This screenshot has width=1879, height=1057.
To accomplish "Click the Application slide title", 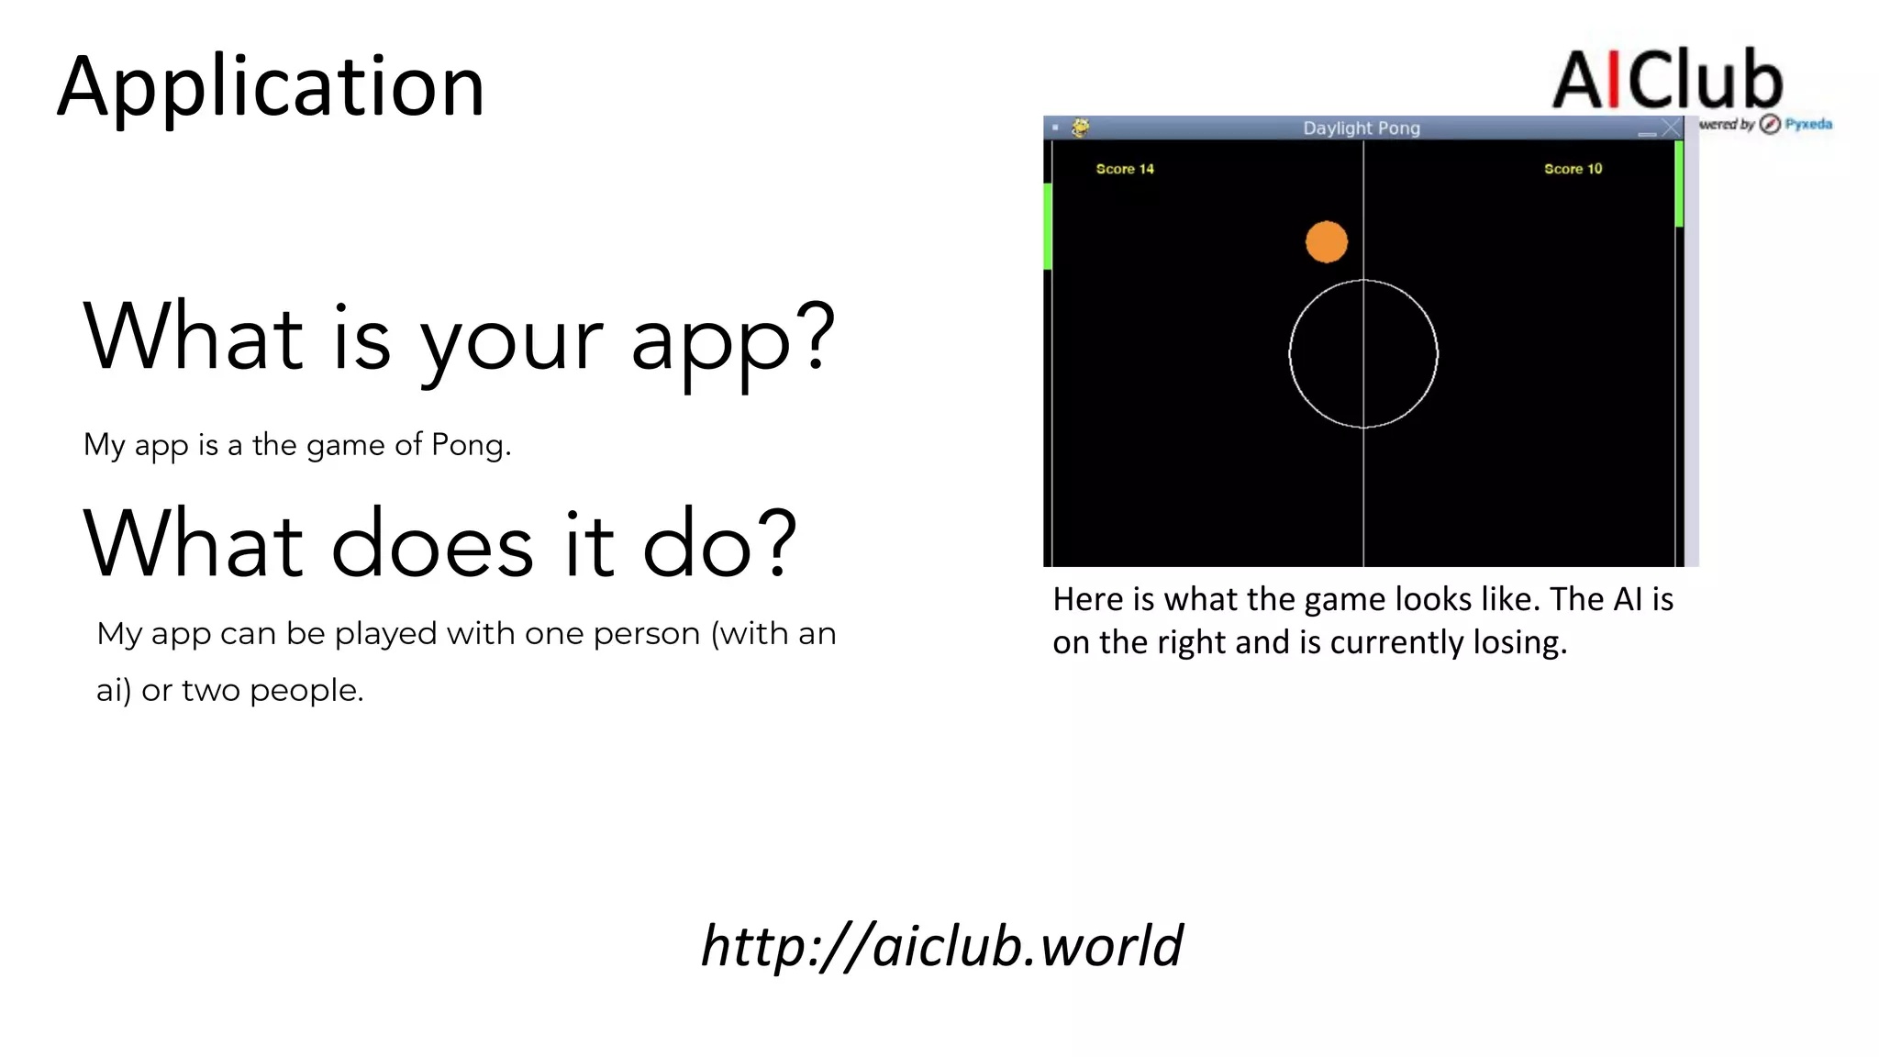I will click(271, 87).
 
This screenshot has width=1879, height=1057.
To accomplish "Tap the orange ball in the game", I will click(1326, 242).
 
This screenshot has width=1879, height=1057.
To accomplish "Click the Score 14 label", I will click(1124, 169).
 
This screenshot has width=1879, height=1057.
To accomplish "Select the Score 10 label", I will click(1573, 169).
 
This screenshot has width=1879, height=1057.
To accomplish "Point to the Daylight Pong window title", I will click(1362, 128).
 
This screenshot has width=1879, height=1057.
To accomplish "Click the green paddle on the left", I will click(1048, 226).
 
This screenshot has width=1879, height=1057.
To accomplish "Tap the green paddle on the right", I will click(1679, 184).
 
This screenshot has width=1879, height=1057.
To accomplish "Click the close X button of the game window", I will click(1671, 128).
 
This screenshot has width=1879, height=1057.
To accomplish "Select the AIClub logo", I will click(1667, 81).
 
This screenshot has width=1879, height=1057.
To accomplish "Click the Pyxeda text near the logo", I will click(1808, 124).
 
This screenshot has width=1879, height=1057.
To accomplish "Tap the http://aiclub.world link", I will click(941, 945).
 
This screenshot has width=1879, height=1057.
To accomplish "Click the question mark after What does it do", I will click(778, 543).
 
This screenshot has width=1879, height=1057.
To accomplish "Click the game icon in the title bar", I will click(1081, 128).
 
